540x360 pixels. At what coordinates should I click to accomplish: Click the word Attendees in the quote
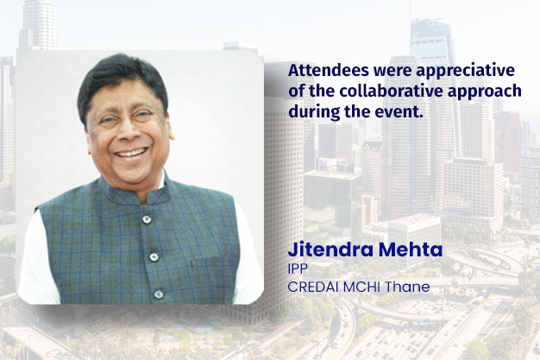click(323, 70)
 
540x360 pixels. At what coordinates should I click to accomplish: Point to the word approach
click(490, 92)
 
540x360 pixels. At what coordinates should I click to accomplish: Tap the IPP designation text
click(298, 270)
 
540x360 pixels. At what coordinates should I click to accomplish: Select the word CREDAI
click(312, 287)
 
